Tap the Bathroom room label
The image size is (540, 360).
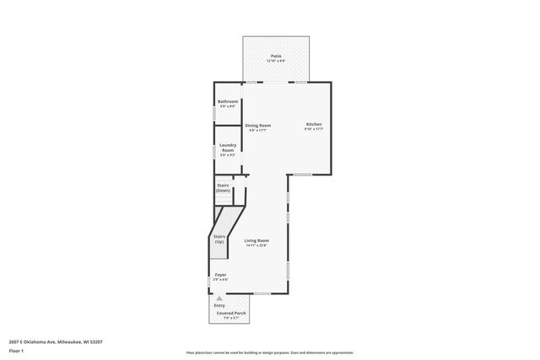coord(228,102)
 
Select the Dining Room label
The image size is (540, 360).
coord(257,125)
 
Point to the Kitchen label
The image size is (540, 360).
coord(313,125)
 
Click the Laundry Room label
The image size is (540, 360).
coord(228,147)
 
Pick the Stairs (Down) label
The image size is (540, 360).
coord(224,187)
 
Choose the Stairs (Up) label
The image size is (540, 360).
coord(219,239)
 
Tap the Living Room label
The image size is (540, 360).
coord(256,240)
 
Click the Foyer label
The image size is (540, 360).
coord(220,275)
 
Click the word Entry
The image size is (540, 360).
coord(219,304)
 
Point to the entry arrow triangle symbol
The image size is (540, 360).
coord(219,298)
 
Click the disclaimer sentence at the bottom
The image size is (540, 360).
coord(269,352)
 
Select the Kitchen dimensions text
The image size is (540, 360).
coord(313,130)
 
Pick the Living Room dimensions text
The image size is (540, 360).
coord(256,245)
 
